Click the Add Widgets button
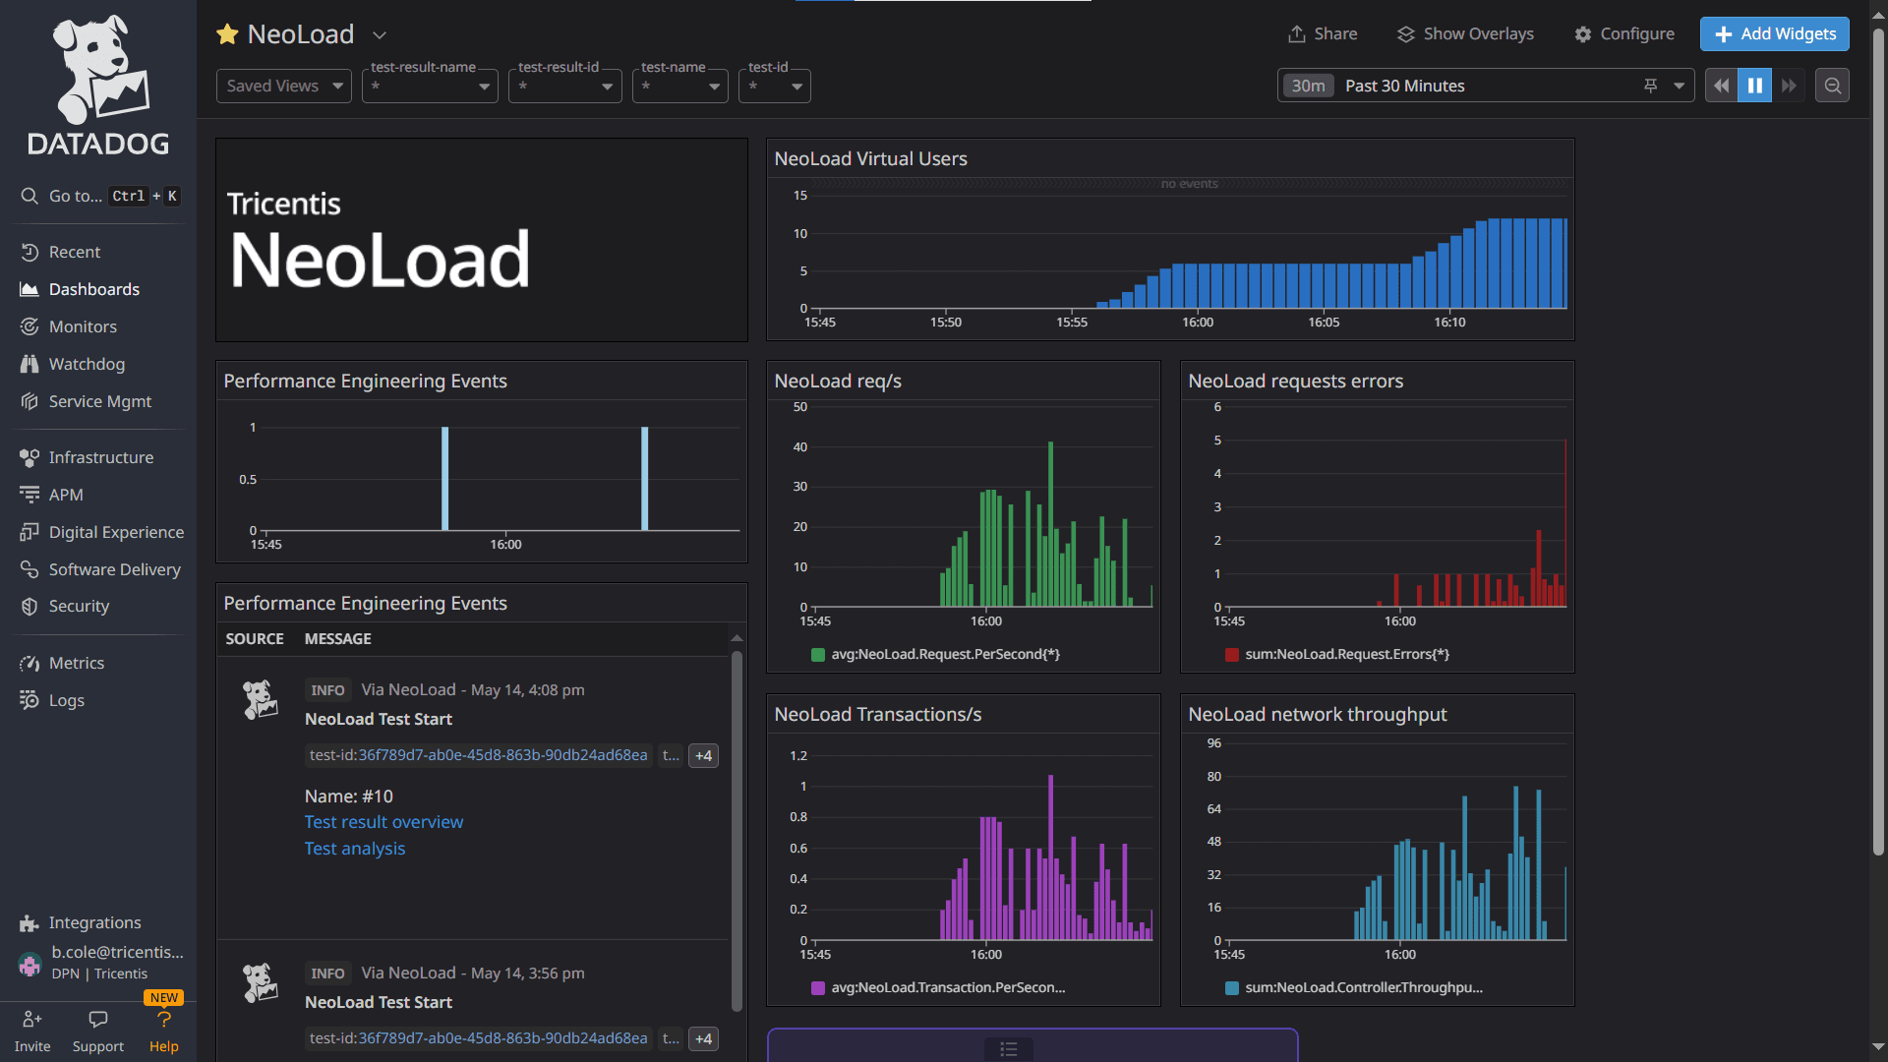[x=1774, y=33]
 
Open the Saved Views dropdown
[x=283, y=86]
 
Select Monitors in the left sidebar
[x=83, y=326]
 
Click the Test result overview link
[x=383, y=822]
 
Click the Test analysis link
[x=354, y=849]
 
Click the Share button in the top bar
[x=1323, y=33]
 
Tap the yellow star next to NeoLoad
[x=227, y=34]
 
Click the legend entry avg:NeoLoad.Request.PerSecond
[x=944, y=654]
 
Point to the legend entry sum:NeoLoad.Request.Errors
[x=1345, y=654]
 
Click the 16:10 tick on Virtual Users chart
[x=1449, y=323]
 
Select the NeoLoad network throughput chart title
[x=1317, y=715]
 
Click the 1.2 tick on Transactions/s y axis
[x=797, y=756]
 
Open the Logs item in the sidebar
[x=66, y=700]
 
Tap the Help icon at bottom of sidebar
[x=164, y=1021]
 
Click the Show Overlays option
[x=1465, y=33]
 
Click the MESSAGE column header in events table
[x=337, y=639]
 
